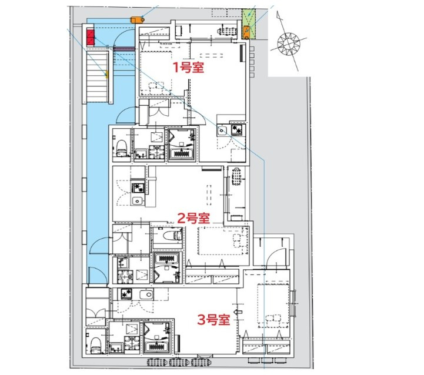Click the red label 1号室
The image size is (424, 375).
coord(188,67)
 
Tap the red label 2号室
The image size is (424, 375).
coord(193,218)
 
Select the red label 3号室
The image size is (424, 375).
coord(213,320)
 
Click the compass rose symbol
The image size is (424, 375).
coord(289,43)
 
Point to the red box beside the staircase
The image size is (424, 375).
coord(90,37)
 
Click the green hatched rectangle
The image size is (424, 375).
coord(248,24)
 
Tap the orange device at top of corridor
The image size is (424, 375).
coord(137,20)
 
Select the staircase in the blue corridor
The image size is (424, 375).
coord(98,76)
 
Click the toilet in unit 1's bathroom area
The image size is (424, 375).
coord(121,148)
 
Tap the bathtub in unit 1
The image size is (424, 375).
coord(182,153)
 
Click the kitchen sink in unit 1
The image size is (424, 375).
coord(222,131)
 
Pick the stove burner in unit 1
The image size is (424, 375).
coord(237,130)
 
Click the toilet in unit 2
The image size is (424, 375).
coord(172,236)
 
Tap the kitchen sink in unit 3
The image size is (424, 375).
coord(146,294)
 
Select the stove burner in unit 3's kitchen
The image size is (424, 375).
coord(126,294)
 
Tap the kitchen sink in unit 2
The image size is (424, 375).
coord(138,200)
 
